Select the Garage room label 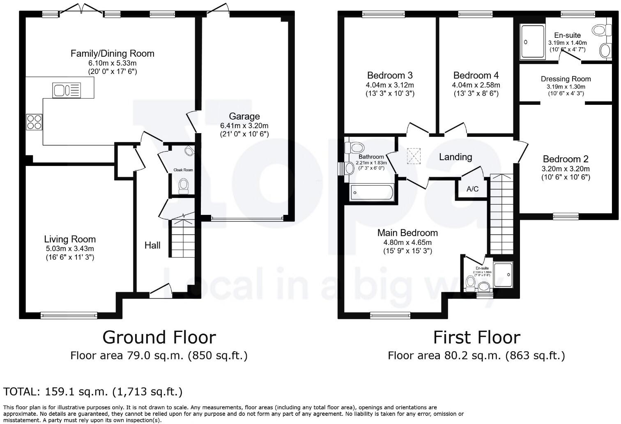point(244,116)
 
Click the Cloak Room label point(183,170)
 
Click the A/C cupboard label point(472,189)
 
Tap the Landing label point(455,157)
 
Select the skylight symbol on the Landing point(414,156)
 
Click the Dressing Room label point(566,79)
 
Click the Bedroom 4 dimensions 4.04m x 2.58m point(476,85)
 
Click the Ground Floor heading point(159,337)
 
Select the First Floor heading point(476,337)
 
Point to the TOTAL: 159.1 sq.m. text point(93,392)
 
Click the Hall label point(152,245)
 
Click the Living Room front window point(69,316)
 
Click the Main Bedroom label point(407,233)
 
